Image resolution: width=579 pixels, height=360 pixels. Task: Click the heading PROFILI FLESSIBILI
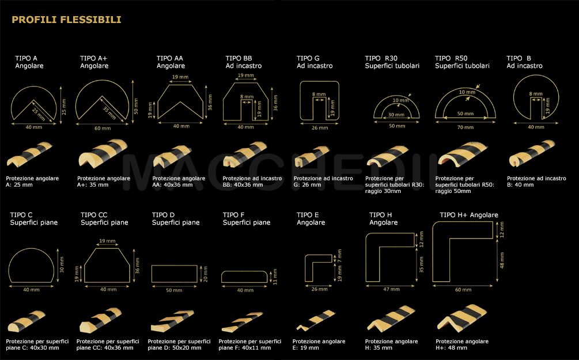click(66, 20)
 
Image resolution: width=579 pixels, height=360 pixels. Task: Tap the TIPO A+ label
click(93, 58)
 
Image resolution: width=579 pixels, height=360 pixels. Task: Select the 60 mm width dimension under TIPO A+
click(103, 128)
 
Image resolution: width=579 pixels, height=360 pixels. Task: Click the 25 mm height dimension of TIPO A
click(64, 107)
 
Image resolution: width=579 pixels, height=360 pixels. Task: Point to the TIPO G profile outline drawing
click(301, 100)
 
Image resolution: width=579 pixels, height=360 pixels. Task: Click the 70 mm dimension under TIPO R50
click(466, 127)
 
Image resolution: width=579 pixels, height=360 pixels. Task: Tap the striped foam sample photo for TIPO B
click(532, 153)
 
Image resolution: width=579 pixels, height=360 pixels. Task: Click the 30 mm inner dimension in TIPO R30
click(396, 115)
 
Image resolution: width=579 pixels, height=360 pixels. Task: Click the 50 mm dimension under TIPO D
click(174, 290)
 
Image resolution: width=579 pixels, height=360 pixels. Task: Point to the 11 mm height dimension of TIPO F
click(275, 276)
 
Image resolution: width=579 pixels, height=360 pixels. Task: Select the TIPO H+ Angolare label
click(469, 215)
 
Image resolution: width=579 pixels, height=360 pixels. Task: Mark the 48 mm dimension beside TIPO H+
click(502, 260)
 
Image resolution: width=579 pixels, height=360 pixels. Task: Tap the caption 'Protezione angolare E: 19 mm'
click(319, 344)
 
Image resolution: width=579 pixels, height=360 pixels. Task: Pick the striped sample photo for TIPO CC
click(100, 320)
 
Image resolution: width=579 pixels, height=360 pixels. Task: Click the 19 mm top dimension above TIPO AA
click(180, 77)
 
